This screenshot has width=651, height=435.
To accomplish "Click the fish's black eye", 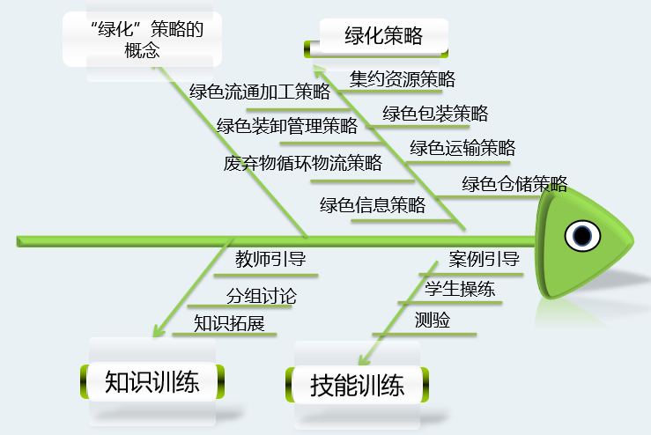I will [583, 235].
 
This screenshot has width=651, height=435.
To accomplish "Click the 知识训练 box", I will [153, 382].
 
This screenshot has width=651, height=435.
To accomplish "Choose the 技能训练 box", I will [358, 386].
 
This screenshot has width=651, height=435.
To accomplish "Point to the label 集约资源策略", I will [403, 79].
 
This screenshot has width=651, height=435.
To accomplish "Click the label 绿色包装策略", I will [435, 113].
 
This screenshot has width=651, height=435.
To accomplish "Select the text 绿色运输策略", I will [462, 147].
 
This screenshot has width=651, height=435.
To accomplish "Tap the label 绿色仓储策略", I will [514, 183].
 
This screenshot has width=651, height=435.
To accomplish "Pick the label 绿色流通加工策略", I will [260, 91].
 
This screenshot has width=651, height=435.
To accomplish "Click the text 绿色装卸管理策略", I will [287, 126].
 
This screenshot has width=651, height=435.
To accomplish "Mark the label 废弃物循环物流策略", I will [302, 162].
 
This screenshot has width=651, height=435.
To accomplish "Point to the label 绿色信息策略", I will [373, 205].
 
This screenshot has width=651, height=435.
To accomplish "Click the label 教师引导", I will [270, 259].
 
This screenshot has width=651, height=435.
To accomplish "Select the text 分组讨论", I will [262, 296].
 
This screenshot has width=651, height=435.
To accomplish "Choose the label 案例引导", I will [484, 259].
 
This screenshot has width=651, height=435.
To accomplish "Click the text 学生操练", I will [460, 289].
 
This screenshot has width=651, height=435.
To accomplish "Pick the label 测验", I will [433, 321].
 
